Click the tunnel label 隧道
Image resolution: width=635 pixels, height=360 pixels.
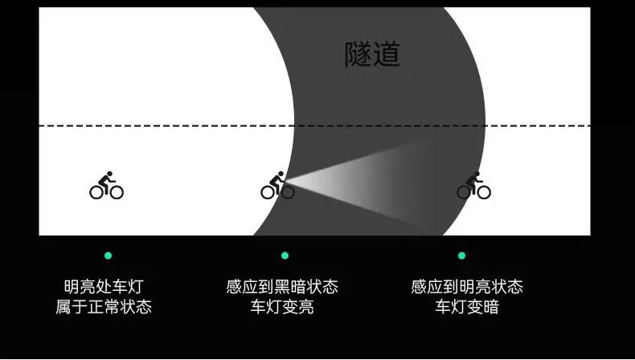(372, 54)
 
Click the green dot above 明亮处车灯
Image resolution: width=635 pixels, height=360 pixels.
(109, 256)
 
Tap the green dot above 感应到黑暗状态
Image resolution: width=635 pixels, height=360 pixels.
(285, 256)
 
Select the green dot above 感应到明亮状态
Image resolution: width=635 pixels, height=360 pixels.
(461, 256)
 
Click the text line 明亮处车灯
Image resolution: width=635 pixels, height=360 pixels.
(104, 287)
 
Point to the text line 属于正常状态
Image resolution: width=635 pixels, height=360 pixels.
(104, 306)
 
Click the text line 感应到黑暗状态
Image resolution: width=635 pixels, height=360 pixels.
(282, 287)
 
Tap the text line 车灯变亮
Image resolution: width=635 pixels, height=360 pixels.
(282, 306)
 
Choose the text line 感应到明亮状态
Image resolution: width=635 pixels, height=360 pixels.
(467, 287)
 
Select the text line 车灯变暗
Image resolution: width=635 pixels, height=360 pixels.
(467, 306)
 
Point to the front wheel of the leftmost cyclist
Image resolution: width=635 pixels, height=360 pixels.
(117, 193)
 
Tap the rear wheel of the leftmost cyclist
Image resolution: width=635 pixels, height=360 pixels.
(96, 193)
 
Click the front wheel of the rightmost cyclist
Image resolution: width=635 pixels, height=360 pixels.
(485, 193)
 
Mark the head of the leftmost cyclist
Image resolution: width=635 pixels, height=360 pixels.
(109, 174)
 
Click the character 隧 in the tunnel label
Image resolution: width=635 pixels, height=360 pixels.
(358, 54)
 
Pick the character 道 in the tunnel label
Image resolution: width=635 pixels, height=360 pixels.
(387, 54)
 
